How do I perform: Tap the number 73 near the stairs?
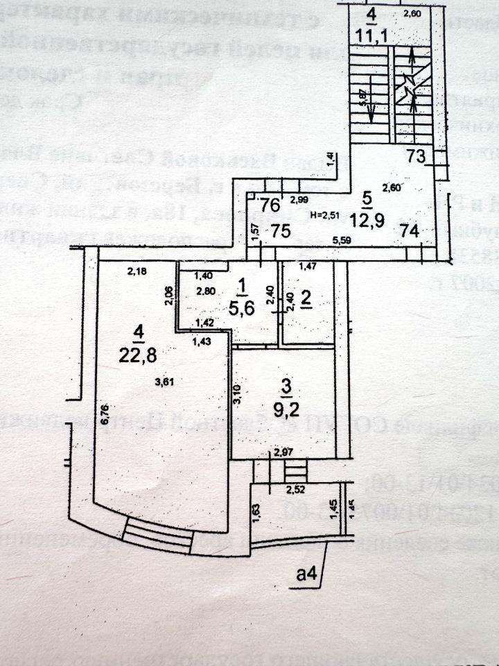tap(416, 157)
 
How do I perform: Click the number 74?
tap(410, 232)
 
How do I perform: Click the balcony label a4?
tap(306, 573)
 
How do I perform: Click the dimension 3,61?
tap(164, 381)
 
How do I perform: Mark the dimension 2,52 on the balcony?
tap(296, 490)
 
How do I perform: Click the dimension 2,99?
tap(299, 200)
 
